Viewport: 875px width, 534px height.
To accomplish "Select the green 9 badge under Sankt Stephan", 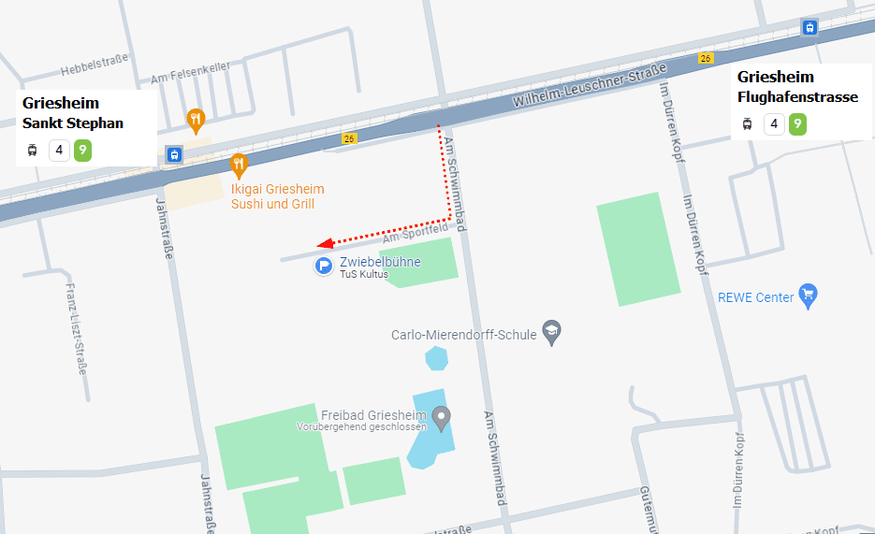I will pyautogui.click(x=82, y=150).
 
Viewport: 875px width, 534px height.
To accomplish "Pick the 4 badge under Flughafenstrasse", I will pyautogui.click(x=773, y=123).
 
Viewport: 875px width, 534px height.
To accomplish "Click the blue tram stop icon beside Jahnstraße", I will pyautogui.click(x=173, y=154).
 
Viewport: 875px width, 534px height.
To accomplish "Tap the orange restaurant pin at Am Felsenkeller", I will pyautogui.click(x=195, y=119).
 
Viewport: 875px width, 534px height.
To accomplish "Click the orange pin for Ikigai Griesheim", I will pyautogui.click(x=239, y=165).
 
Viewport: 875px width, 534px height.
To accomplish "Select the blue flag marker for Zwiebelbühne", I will pyautogui.click(x=323, y=267).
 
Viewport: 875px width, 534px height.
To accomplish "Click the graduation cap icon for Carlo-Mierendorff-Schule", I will pyautogui.click(x=552, y=333).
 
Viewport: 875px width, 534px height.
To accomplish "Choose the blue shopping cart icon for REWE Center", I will pyautogui.click(x=809, y=296).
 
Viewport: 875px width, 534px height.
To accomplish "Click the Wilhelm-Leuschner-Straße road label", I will pyautogui.click(x=590, y=85).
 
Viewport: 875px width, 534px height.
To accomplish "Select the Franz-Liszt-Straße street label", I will pyautogui.click(x=75, y=327).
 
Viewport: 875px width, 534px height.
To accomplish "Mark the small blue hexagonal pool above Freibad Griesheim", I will pyautogui.click(x=436, y=358).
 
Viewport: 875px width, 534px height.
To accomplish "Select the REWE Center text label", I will pyautogui.click(x=755, y=297).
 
